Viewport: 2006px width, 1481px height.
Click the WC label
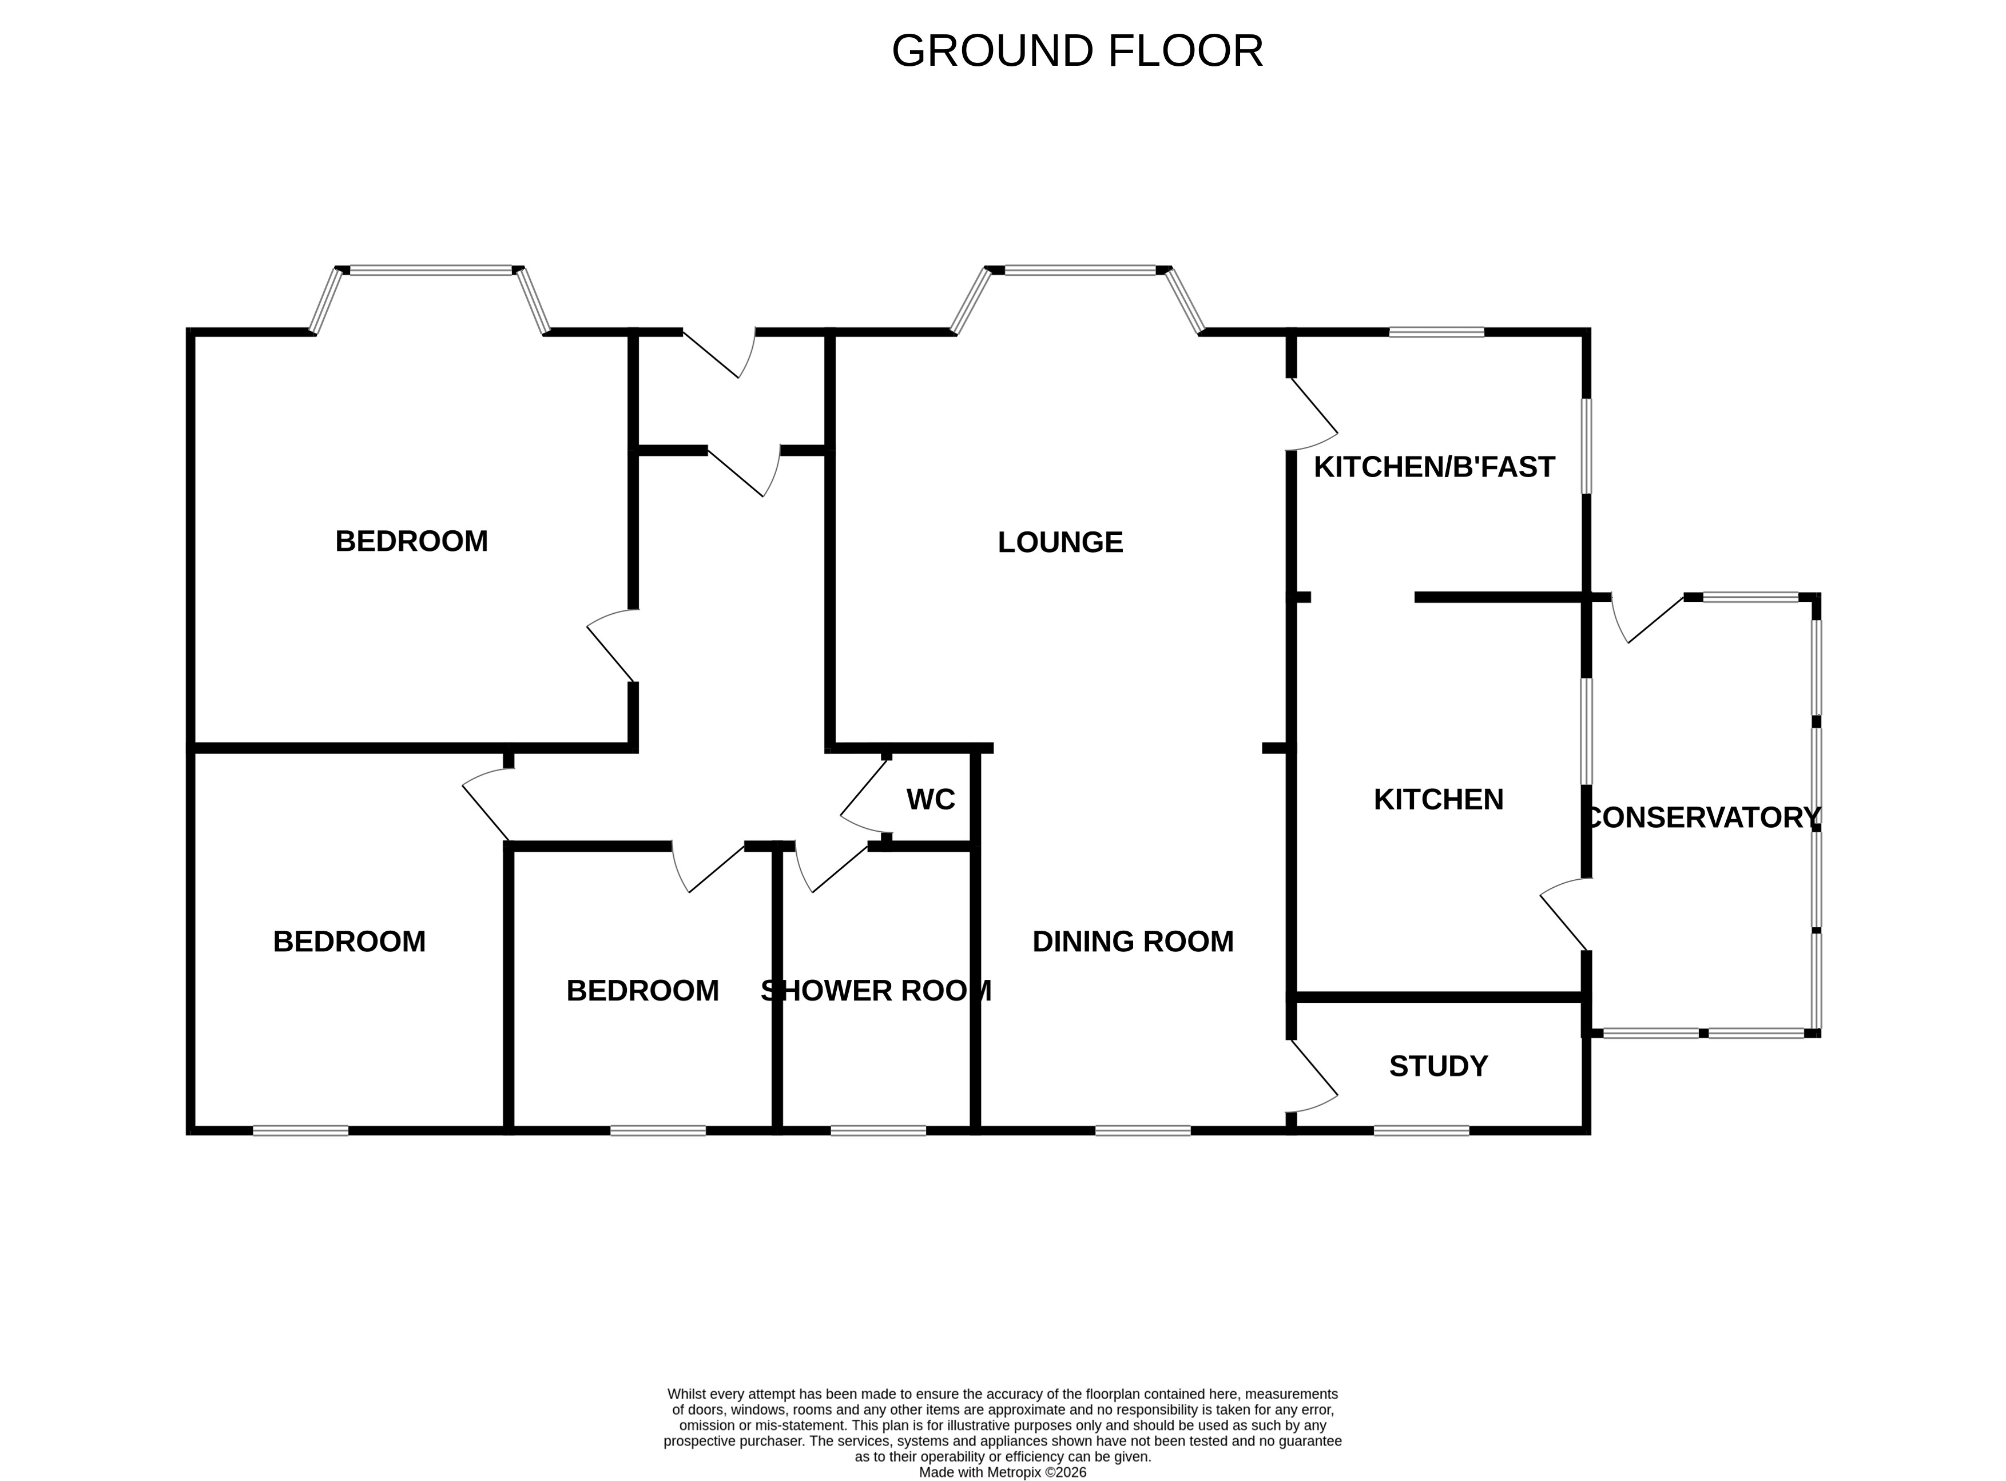coord(931,800)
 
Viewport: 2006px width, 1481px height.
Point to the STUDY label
coord(1438,1066)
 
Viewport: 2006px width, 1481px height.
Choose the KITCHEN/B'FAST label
coord(1433,467)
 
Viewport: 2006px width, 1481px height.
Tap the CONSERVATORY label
coord(1701,817)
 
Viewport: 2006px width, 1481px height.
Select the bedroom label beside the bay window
coord(411,542)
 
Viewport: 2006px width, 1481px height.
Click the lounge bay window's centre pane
coord(1079,270)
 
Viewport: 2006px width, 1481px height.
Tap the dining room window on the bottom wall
coord(1143,1130)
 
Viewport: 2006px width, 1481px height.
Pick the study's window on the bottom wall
coord(1421,1130)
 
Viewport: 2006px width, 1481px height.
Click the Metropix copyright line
coord(1002,1472)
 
